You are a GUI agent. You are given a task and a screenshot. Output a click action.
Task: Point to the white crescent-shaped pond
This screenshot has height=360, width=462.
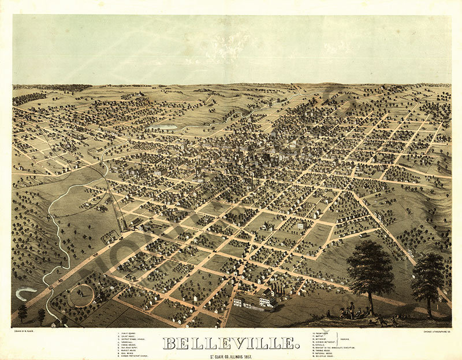pyautogui.click(x=26, y=294)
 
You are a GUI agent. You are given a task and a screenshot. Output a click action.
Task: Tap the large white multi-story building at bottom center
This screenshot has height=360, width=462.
pyautogui.click(x=266, y=300)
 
